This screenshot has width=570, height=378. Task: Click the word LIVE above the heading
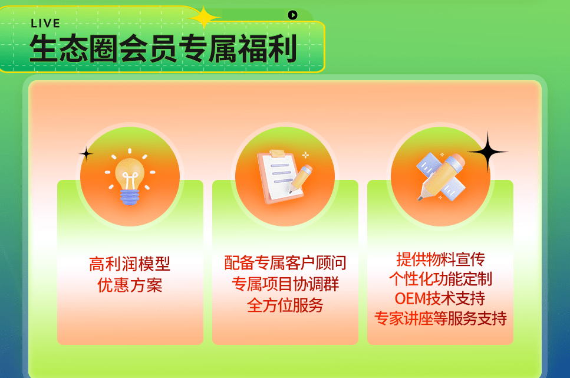point(45,24)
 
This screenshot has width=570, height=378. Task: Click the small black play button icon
point(292,15)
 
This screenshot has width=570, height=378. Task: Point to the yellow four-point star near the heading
point(205,17)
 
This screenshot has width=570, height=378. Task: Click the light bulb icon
point(130,176)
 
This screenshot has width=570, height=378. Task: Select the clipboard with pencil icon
point(285,176)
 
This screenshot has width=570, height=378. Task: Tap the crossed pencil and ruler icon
point(441,175)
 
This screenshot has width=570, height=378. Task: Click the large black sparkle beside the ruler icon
point(487,152)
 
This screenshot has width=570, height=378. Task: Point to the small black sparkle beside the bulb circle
point(87,155)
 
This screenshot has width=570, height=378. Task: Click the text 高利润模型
point(130,264)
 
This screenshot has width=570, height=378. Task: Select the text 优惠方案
point(130,285)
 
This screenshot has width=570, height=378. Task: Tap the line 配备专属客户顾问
point(285,262)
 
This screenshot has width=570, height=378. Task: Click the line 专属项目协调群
point(285,284)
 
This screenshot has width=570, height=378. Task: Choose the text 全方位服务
point(285,305)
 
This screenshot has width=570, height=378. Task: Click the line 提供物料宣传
point(440,259)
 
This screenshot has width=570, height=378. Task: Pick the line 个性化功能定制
point(440,278)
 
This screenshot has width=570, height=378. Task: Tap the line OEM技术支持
point(440,298)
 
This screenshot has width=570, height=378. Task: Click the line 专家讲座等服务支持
point(440,319)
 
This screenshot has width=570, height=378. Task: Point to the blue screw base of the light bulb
point(130,195)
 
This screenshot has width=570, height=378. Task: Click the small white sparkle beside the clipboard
point(305,155)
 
